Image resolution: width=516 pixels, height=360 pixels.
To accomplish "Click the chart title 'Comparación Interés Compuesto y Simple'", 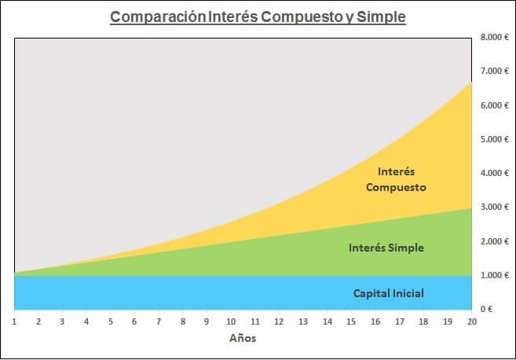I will click(258, 17).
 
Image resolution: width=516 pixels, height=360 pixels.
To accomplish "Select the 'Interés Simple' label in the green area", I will click(386, 248).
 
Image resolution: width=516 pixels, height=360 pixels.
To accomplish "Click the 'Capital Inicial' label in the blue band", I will click(388, 293).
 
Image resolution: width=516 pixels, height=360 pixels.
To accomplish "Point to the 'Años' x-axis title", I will click(243, 339).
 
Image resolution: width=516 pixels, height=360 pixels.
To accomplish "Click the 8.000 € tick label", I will click(494, 38).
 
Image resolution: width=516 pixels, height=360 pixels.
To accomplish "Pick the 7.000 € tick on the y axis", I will click(494, 72).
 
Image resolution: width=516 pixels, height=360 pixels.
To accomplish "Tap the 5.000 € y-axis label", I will click(494, 140).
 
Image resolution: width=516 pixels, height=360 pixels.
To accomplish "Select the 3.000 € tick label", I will click(494, 208).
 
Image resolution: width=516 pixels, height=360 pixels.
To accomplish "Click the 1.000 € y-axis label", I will click(494, 276).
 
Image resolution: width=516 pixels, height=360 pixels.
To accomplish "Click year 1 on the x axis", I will click(15, 321).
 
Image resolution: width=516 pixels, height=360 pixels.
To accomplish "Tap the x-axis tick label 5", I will click(111, 321).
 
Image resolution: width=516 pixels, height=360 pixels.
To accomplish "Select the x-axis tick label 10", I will click(231, 321).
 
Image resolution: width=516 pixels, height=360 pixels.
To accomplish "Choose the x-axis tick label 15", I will click(351, 321).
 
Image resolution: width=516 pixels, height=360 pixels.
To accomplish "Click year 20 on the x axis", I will click(471, 321).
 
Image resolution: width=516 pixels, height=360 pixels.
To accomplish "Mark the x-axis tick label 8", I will click(183, 321).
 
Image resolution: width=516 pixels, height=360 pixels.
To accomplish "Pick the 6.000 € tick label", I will click(494, 106).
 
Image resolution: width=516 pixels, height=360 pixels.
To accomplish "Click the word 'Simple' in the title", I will click(380, 17).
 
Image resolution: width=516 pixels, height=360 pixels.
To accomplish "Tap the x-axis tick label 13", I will click(303, 321).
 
